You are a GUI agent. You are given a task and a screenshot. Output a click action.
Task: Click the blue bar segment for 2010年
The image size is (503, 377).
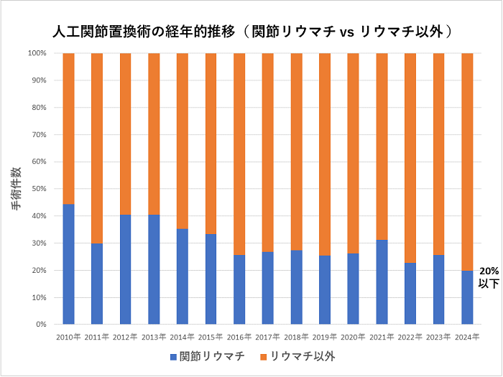(x=69, y=264)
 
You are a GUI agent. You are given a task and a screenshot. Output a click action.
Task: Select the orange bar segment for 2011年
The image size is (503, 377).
(x=97, y=149)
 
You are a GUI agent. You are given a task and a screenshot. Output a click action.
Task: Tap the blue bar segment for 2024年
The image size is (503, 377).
(x=467, y=297)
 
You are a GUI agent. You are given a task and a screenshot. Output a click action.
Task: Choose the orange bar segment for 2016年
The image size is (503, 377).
(x=239, y=154)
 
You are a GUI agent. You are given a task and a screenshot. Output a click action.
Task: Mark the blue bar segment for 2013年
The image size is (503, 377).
(x=154, y=270)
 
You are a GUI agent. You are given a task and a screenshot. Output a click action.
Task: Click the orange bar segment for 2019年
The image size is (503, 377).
(x=325, y=154)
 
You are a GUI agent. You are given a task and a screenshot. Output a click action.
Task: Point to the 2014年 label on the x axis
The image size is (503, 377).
(x=183, y=335)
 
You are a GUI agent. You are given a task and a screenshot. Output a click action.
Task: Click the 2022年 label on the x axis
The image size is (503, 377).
(x=410, y=335)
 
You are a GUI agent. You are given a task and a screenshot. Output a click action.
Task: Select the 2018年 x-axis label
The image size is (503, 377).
(x=296, y=335)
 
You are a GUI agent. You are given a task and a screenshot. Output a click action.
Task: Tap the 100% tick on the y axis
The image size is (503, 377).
(x=37, y=53)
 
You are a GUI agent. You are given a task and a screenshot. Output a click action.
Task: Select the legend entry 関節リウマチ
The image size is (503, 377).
(x=212, y=357)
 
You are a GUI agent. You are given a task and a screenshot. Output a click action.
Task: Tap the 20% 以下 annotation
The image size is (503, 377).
(x=488, y=277)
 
